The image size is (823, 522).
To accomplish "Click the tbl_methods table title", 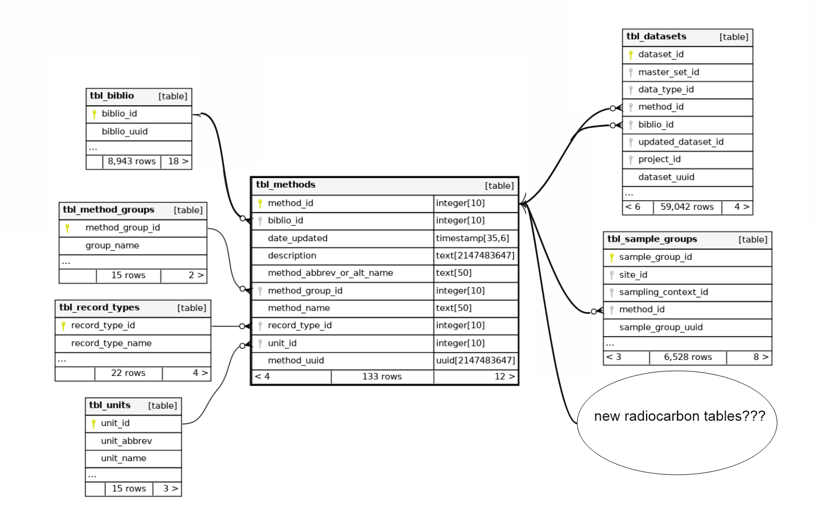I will click(286, 185).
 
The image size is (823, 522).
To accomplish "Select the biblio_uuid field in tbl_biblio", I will click(125, 131).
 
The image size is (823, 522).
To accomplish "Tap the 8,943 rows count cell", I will click(131, 161).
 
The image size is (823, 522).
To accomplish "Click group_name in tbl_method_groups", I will click(112, 246).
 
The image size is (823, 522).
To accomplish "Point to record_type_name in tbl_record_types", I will click(111, 343).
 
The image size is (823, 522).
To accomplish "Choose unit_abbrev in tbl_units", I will click(126, 441).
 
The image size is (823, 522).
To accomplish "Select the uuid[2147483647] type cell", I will click(475, 361).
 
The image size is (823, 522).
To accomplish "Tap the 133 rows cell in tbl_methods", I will click(382, 376).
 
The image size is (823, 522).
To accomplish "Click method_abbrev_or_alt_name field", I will click(330, 273).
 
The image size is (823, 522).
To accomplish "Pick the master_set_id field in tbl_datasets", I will click(668, 72).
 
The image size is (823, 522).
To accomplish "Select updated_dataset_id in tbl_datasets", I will click(680, 142).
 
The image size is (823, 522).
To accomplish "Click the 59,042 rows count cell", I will click(686, 207).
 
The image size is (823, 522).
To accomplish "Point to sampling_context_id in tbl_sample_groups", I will click(663, 292).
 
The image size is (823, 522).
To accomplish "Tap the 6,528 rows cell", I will click(688, 357).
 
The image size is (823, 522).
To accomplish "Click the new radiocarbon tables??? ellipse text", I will click(679, 416).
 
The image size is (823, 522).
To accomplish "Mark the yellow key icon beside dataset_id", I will click(631, 55).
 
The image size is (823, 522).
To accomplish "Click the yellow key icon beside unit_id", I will click(94, 424).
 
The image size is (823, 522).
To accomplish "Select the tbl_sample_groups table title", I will click(652, 239).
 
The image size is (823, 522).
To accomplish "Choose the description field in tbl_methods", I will click(292, 256).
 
